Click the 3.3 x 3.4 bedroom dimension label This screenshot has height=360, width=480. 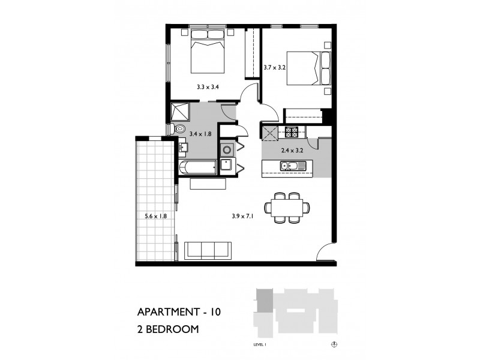(208, 88)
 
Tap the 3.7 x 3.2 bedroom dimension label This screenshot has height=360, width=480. (274, 68)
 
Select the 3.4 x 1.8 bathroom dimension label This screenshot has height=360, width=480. (200, 134)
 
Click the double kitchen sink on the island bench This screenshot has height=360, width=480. (289, 166)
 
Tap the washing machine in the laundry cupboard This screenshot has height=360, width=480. (227, 149)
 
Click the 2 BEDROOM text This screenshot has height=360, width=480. (167, 329)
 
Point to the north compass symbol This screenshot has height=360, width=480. (334, 344)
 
